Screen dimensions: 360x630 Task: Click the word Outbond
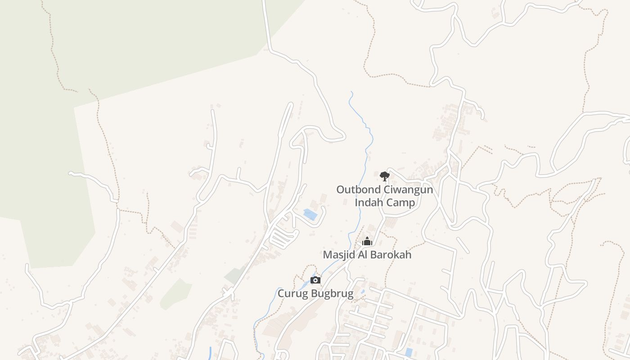pyautogui.click(x=358, y=189)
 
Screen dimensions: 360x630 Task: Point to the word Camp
pyautogui.click(x=401, y=202)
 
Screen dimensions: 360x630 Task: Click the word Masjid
pyautogui.click(x=338, y=255)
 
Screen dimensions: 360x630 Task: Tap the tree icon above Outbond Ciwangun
pyautogui.click(x=384, y=176)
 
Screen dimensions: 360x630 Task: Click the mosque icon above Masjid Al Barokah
pyautogui.click(x=367, y=242)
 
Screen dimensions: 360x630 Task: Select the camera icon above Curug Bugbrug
pyautogui.click(x=315, y=280)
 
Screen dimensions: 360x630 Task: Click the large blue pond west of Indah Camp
pyautogui.click(x=310, y=214)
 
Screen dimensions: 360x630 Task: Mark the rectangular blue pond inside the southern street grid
pyautogui.click(x=409, y=352)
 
